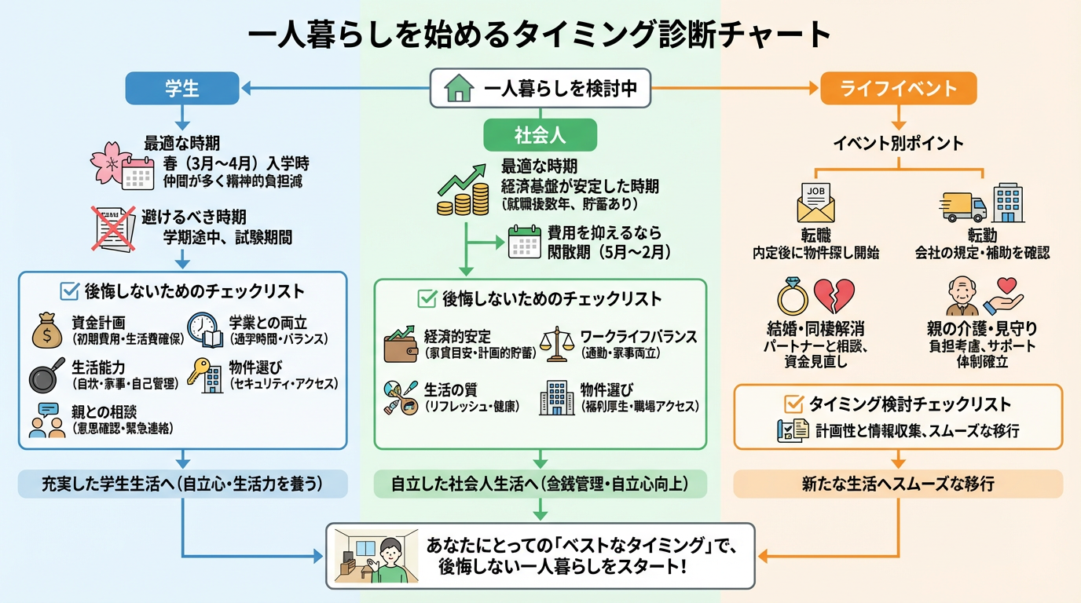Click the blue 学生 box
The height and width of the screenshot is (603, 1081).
click(182, 88)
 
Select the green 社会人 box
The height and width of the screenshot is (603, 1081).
click(540, 134)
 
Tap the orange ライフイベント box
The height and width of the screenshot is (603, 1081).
click(899, 88)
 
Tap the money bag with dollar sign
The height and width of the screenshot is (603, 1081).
click(46, 331)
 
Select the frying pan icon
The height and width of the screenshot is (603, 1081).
click(46, 378)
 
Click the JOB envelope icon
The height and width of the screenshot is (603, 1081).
click(815, 203)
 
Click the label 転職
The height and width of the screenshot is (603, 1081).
click(815, 236)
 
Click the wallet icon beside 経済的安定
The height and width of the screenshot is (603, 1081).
click(400, 345)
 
